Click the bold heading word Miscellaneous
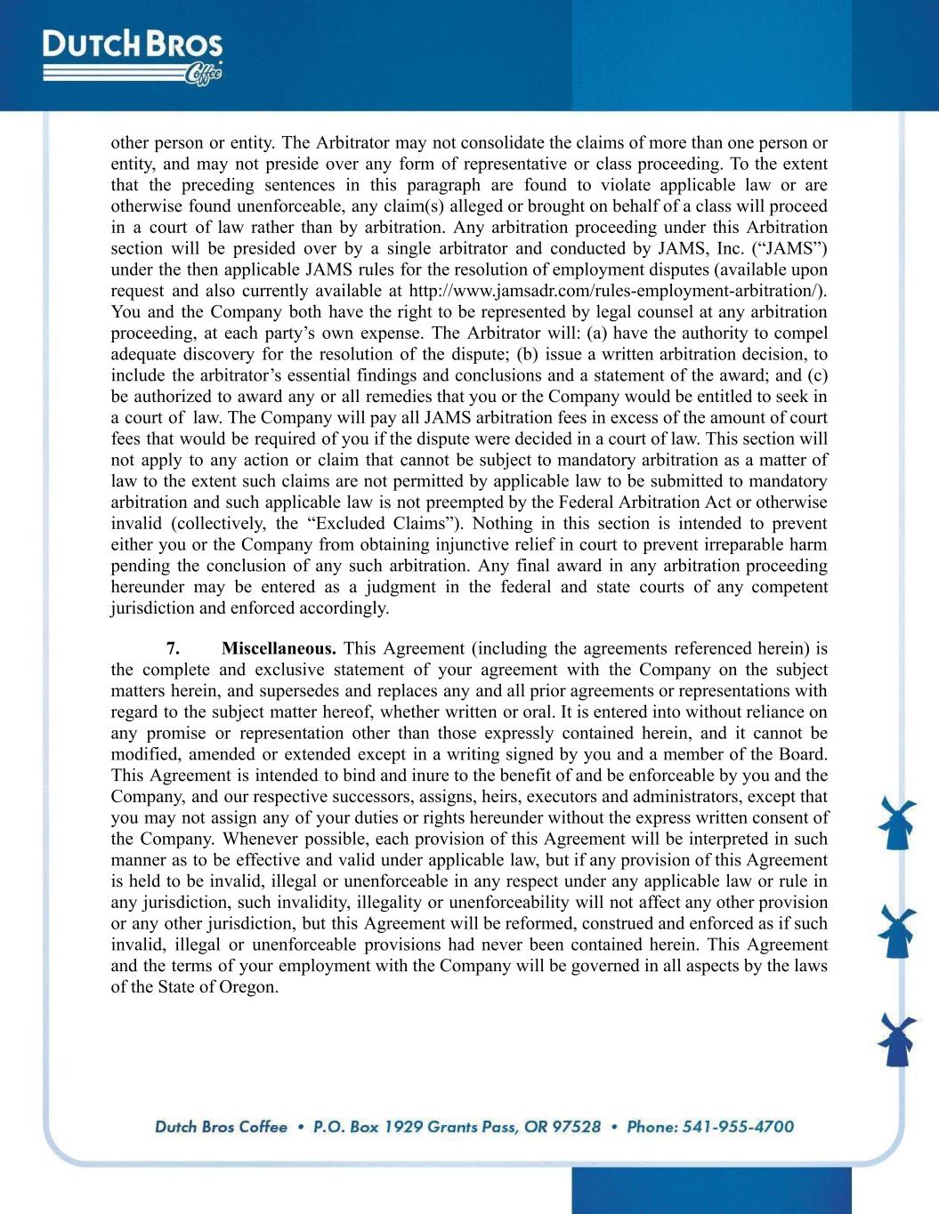(x=279, y=648)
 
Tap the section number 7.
(x=174, y=648)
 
